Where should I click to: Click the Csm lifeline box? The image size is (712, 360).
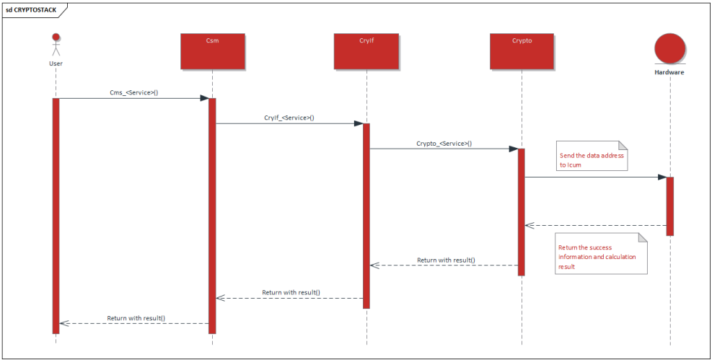click(212, 51)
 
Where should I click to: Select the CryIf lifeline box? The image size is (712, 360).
click(366, 51)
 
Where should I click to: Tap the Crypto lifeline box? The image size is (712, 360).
click(522, 51)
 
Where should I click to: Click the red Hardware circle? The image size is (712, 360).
click(669, 48)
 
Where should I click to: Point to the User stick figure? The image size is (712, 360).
click(56, 45)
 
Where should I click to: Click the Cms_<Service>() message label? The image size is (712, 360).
click(133, 92)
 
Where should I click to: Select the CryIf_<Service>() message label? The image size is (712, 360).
click(289, 118)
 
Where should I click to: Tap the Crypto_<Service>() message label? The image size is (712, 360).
click(444, 143)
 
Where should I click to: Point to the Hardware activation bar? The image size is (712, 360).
click(669, 206)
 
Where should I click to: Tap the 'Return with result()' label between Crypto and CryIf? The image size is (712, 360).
click(446, 260)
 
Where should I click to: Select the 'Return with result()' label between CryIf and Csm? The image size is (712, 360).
click(291, 292)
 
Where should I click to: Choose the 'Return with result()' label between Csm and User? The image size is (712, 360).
click(136, 317)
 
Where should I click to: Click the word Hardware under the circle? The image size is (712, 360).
click(669, 72)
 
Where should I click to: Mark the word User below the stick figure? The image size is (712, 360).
click(56, 63)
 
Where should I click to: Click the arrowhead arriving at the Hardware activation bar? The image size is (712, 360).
click(661, 177)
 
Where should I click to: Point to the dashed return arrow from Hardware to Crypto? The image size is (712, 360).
click(595, 225)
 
